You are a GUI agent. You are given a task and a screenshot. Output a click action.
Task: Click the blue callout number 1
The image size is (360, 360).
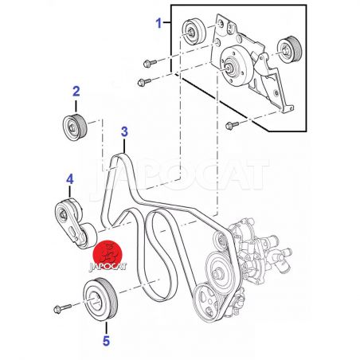coord(158,23)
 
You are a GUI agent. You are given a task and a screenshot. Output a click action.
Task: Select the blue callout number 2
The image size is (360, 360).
coord(76,92)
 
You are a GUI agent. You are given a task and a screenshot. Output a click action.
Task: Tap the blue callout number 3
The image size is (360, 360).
coord(124,131)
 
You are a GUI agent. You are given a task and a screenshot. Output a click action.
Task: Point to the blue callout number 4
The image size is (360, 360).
coord(69,179)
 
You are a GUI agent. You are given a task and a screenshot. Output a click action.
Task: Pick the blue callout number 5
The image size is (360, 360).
coord(106,341)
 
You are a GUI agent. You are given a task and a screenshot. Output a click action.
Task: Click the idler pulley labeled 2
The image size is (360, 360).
coord(75,127)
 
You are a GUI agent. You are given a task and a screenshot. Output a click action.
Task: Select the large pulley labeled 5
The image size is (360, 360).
coord(100,299)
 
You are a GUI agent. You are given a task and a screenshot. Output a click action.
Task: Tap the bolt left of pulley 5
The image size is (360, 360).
coord(62,308)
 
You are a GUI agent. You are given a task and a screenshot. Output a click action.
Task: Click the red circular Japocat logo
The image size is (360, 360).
coord(108,254)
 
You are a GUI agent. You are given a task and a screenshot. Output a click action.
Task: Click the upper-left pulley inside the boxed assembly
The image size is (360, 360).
coord(194,32)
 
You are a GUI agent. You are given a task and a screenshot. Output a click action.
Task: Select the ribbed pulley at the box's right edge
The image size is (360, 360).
coord(289,49)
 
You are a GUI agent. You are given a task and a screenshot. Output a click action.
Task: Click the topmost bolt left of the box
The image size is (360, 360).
coord(150,63)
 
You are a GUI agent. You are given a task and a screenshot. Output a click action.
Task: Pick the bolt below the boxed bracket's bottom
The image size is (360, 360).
coord(232,125)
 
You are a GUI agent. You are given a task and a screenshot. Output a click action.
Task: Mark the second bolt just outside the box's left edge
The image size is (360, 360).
coord(144,82)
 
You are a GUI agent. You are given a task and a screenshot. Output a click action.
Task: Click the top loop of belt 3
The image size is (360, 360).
coord(119,157)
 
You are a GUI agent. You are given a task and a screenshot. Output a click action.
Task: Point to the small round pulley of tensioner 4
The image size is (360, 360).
coord(88,237)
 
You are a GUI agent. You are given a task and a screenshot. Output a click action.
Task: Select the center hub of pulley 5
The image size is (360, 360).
coord(95,302)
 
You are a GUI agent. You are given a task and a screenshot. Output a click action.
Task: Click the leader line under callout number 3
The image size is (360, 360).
coord(124,146)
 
